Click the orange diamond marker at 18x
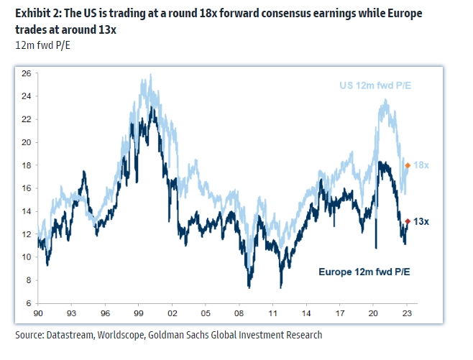point(408,165)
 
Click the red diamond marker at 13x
point(408,222)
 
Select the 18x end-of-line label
point(422,165)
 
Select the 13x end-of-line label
point(422,222)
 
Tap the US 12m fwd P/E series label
point(375,87)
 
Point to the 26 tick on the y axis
point(26,73)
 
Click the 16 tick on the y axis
point(26,188)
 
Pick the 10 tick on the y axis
point(26,257)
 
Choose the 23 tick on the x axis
point(408,314)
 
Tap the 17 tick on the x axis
point(340,314)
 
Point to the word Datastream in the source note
point(73,335)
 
